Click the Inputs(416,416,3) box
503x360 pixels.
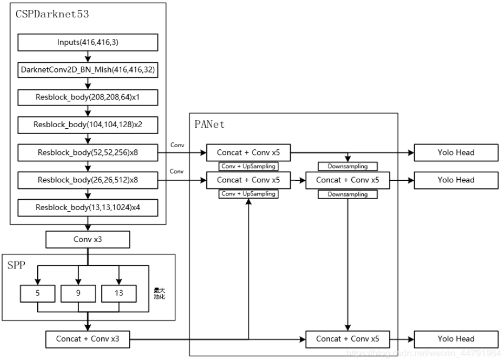(88, 42)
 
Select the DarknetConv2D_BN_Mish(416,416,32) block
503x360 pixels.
(88, 69)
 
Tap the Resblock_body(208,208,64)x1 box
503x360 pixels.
(88, 97)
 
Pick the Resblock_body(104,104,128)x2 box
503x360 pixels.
(88, 125)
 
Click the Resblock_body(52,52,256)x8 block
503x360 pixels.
(88, 152)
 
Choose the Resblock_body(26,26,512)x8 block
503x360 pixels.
(88, 180)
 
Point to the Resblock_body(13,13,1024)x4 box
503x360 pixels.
(88, 208)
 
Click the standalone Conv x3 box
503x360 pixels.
(88, 240)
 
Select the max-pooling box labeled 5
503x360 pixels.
(38, 293)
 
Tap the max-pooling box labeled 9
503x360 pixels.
(78, 293)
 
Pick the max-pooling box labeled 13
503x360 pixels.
(119, 293)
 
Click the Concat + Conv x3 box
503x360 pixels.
(88, 339)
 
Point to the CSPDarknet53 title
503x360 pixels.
(51, 15)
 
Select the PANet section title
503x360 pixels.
(209, 125)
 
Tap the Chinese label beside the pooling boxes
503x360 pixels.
(159, 293)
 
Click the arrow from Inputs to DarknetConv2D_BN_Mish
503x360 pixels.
(88, 56)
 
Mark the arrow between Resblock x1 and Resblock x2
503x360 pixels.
(88, 111)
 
